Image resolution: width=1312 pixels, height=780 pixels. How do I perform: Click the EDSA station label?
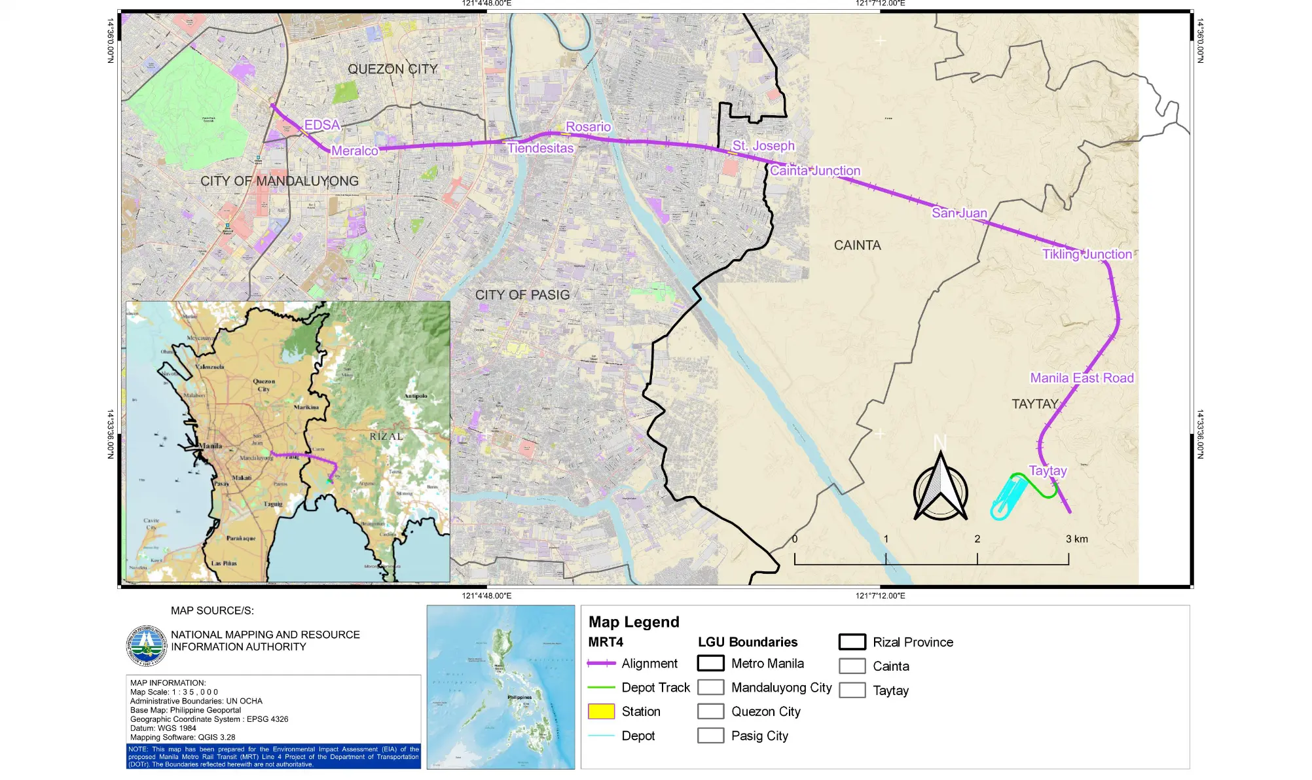(321, 125)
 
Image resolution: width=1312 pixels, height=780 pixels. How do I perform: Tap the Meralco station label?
(354, 151)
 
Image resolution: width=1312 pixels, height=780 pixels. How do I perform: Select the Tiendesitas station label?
(540, 149)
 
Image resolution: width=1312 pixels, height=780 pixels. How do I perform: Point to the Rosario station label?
(588, 127)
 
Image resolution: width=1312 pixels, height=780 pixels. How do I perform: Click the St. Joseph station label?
(763, 146)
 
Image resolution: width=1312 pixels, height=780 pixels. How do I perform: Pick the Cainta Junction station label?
(814, 171)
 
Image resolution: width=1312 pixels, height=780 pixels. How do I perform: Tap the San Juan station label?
(958, 213)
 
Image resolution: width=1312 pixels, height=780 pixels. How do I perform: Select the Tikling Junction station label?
(1086, 255)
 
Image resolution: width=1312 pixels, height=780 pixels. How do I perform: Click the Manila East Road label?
(1082, 378)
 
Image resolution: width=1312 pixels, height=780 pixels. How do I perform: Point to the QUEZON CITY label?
(392, 69)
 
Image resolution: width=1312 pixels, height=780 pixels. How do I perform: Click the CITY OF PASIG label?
(522, 295)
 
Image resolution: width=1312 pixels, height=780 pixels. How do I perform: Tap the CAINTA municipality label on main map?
(857, 245)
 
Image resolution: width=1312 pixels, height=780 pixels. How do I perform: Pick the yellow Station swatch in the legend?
(601, 711)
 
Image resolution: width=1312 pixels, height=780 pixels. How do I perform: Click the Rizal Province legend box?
(852, 642)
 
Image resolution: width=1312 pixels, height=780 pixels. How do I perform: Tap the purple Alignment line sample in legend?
(601, 664)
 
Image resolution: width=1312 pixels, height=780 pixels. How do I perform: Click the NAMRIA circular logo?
(147, 645)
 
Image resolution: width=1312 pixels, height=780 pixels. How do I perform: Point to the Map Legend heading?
(633, 622)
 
